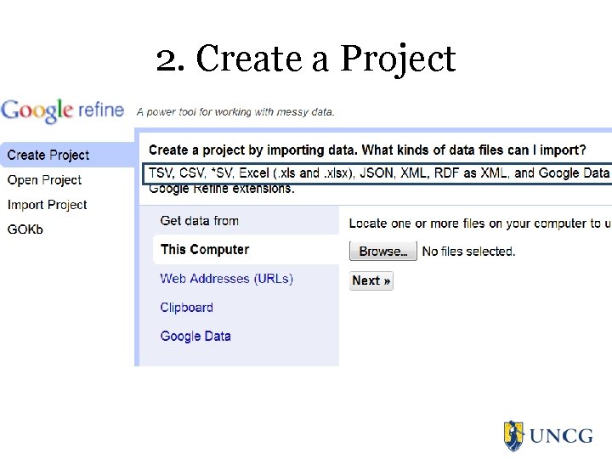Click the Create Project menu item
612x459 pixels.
click(48, 155)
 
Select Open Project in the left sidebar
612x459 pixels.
click(44, 180)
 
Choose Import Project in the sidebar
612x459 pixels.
click(48, 205)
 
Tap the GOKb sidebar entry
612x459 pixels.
click(25, 229)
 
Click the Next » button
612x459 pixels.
click(371, 280)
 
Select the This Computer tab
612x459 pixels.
click(205, 250)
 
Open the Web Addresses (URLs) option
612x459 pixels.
click(226, 279)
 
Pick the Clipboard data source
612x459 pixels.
click(187, 308)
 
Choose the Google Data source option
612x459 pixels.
click(195, 337)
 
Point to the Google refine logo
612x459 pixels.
click(63, 110)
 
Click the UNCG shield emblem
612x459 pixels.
click(513, 435)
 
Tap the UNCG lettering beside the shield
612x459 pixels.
click(561, 436)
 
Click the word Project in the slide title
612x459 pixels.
click(398, 59)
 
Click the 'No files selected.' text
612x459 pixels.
click(468, 252)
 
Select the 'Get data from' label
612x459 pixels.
click(200, 221)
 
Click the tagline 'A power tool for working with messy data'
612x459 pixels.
click(235, 111)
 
